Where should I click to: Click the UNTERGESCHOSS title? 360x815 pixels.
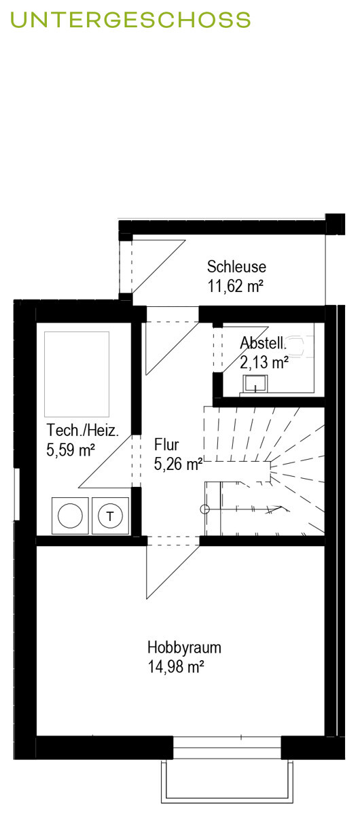pos(130,20)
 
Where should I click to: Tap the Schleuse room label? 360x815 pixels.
pos(236,266)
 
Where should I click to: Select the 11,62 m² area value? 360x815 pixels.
pos(236,286)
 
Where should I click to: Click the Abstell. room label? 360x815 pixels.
pos(264,343)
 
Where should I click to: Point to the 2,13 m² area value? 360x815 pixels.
pos(264,362)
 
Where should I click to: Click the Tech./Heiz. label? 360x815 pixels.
pos(83,431)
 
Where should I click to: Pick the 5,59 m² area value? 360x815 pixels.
pos(71,450)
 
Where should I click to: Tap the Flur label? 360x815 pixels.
pos(166,444)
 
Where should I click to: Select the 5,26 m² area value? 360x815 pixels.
pos(179,464)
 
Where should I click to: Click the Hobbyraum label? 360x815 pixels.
pos(184,647)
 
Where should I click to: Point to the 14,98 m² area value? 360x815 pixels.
pos(175,666)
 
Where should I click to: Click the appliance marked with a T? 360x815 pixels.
pos(110,515)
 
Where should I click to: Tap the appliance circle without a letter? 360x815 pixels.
pos(70,515)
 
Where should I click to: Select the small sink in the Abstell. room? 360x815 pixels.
pos(256,384)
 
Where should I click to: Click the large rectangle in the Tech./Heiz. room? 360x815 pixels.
pos(77,374)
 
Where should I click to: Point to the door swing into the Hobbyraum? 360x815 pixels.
pos(173,573)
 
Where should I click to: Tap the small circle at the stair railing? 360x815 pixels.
pos(205,509)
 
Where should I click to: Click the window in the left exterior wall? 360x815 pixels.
pos(17,494)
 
